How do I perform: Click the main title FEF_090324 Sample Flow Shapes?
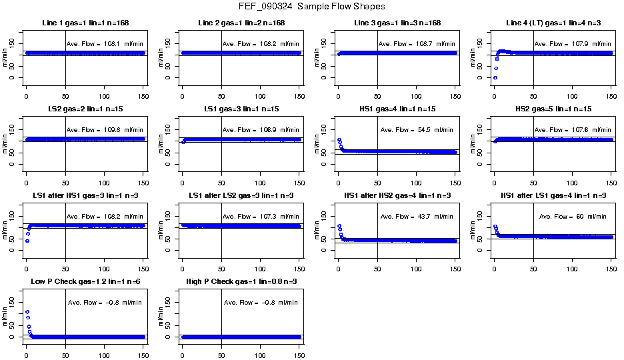(x=311, y=6)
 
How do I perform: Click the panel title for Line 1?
(x=81, y=23)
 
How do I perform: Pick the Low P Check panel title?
(x=81, y=281)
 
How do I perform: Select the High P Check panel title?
(x=237, y=281)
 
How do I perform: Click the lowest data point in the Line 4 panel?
(x=495, y=77)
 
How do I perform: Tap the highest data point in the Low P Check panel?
(x=27, y=311)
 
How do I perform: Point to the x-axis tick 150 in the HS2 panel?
(x=611, y=173)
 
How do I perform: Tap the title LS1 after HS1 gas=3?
(x=81, y=195)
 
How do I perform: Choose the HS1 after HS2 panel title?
(x=393, y=195)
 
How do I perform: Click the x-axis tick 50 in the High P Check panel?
(x=221, y=346)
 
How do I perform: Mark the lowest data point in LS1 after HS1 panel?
(x=27, y=240)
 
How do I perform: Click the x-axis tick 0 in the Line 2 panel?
(x=182, y=87)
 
